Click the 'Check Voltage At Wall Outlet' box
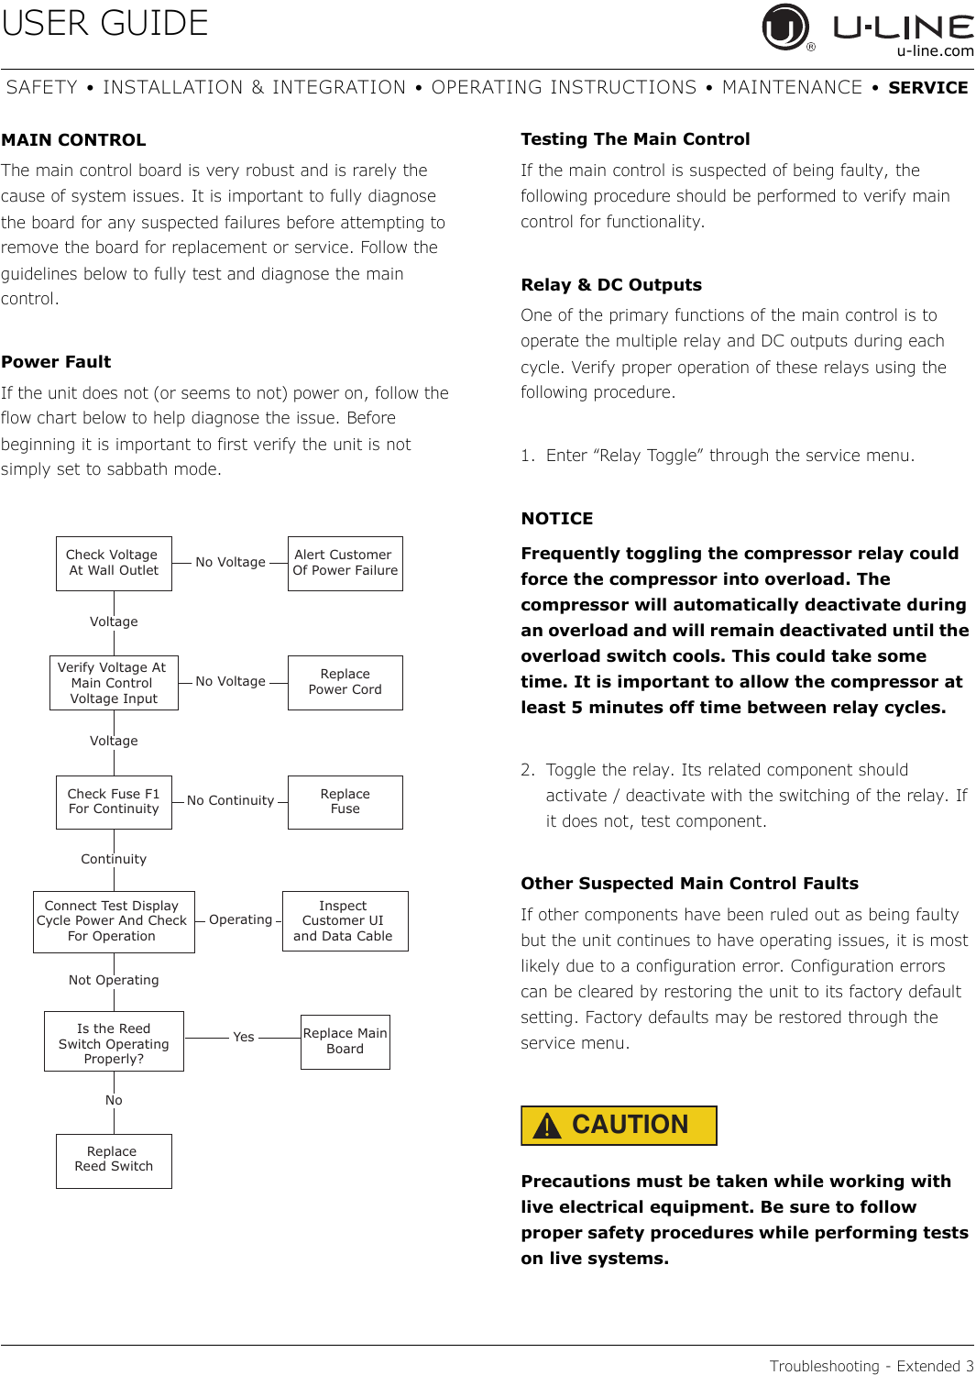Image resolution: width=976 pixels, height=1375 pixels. [x=114, y=563]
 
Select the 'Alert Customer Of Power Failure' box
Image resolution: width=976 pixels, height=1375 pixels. [x=345, y=563]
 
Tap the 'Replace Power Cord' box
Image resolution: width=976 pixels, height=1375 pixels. [x=345, y=682]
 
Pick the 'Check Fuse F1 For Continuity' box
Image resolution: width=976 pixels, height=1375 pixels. [x=114, y=802]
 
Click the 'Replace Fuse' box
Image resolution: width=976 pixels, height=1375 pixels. [x=345, y=802]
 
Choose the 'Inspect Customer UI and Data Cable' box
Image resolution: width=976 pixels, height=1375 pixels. [x=345, y=921]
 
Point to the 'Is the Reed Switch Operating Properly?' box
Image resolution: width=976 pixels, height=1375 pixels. [x=114, y=1041]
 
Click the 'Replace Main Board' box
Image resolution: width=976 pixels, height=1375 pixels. [x=345, y=1041]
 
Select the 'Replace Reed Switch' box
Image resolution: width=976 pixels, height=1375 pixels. [x=114, y=1160]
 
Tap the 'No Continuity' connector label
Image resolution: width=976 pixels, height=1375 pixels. [x=230, y=801]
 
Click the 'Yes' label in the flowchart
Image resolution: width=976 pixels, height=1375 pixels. [x=243, y=1037]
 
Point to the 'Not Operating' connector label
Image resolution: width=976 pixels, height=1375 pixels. [x=114, y=980]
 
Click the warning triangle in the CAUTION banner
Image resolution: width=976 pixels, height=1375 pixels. [x=547, y=1126]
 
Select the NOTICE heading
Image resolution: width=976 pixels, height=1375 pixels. [x=556, y=519]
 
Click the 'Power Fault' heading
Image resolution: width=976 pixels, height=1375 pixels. [x=56, y=362]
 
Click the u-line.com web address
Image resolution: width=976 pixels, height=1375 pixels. [x=935, y=51]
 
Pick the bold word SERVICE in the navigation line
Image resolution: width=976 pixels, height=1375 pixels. [x=927, y=88]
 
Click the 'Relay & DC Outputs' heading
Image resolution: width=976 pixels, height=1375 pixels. [x=611, y=285]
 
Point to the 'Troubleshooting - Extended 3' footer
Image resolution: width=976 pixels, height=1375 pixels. [x=871, y=1366]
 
